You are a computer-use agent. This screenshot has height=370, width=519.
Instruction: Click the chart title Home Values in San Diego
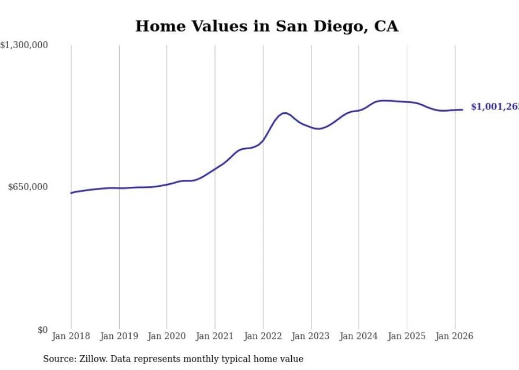pyautogui.click(x=266, y=26)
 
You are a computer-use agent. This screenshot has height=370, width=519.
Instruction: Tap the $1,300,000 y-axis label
pyautogui.click(x=24, y=46)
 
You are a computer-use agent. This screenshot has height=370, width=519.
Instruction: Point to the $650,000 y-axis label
pyautogui.click(x=28, y=187)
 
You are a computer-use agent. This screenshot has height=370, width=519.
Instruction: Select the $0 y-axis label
pyautogui.click(x=42, y=330)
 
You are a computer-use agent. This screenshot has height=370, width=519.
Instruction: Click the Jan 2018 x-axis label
pyautogui.click(x=71, y=336)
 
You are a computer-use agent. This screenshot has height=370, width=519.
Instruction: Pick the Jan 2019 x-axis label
pyautogui.click(x=119, y=336)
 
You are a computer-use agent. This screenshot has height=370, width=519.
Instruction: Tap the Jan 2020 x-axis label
pyautogui.click(x=167, y=336)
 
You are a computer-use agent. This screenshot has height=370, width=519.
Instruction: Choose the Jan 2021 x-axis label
pyautogui.click(x=215, y=336)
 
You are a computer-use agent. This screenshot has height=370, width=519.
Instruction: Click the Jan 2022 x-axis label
pyautogui.click(x=263, y=336)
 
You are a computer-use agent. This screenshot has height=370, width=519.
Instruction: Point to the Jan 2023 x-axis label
pyautogui.click(x=311, y=336)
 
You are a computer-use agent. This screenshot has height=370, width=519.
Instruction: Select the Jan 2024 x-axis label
pyautogui.click(x=359, y=336)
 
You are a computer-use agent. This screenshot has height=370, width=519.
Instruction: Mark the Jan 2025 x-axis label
pyautogui.click(x=407, y=336)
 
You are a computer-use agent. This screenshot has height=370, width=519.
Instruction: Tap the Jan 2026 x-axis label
pyautogui.click(x=454, y=336)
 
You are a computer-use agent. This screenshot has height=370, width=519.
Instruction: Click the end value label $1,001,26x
pyautogui.click(x=494, y=107)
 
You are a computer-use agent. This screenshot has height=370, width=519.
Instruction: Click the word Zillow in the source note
pyautogui.click(x=90, y=359)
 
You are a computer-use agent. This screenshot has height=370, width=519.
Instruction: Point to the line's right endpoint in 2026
pyautogui.click(x=462, y=110)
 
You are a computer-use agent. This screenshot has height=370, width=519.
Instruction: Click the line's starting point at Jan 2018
pyautogui.click(x=71, y=193)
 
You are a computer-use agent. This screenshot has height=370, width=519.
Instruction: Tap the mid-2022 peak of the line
pyautogui.click(x=285, y=113)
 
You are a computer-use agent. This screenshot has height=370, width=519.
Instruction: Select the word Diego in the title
pyautogui.click(x=331, y=26)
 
